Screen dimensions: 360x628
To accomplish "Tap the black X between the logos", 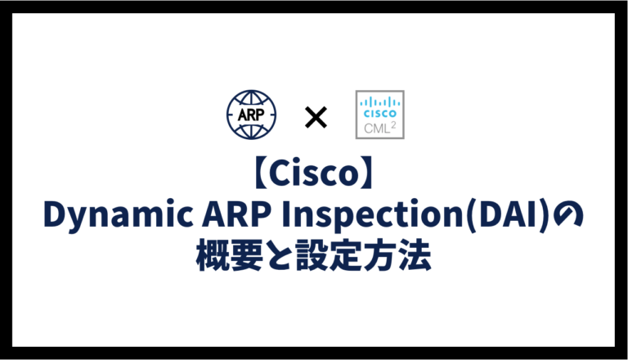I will [315, 118].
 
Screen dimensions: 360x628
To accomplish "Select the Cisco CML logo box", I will [379, 115].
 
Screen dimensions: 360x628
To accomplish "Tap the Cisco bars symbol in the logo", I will [379, 101].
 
